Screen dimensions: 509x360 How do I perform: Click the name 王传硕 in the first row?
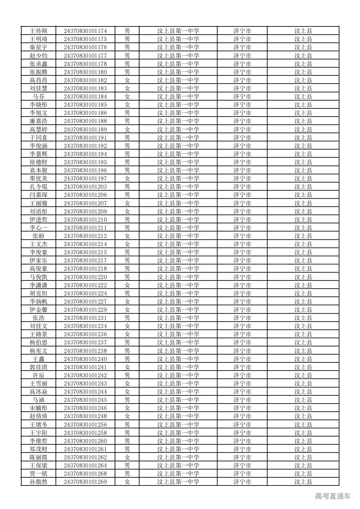click(39, 31)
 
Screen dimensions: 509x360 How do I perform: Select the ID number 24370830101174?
click(85, 31)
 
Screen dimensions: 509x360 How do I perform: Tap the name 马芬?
click(39, 97)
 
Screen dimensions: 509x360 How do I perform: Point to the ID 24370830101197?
click(85, 179)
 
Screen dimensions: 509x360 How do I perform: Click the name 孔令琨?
click(39, 187)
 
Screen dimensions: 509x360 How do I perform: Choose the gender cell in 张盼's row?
click(127, 236)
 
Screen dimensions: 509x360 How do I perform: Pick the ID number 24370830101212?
click(85, 236)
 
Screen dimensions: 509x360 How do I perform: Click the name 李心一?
click(39, 228)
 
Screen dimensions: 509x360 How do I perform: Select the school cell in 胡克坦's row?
click(178, 294)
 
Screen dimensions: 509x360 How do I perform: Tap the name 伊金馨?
click(39, 310)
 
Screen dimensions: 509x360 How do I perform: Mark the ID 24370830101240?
click(85, 359)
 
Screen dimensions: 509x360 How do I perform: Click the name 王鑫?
click(39, 359)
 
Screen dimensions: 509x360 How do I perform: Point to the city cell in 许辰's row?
click(242, 375)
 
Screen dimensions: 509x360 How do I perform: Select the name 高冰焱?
click(39, 392)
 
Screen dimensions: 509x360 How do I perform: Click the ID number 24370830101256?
click(85, 425)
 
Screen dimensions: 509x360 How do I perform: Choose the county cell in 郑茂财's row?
click(303, 449)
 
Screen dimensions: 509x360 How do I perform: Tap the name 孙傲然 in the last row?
click(39, 482)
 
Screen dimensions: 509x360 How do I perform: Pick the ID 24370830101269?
click(85, 482)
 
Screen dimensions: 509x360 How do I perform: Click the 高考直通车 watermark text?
click(333, 496)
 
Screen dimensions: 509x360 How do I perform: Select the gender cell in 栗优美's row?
click(127, 179)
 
